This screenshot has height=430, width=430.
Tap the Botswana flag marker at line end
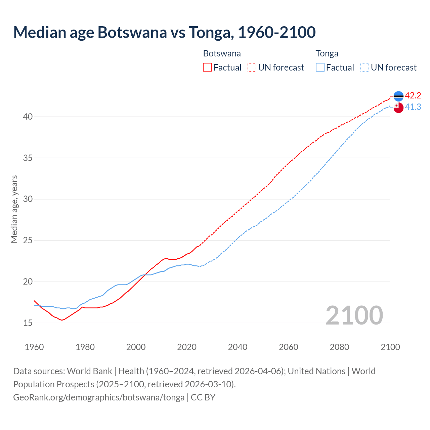[x=398, y=96]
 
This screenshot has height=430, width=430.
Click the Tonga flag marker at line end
[x=398, y=108]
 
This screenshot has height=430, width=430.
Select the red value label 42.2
[x=413, y=96]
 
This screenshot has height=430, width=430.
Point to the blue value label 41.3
[x=413, y=107]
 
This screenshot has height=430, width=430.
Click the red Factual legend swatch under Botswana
[x=207, y=68]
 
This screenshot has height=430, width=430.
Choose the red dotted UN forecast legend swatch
[x=252, y=68]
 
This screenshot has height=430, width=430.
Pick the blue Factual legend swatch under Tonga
[x=320, y=68]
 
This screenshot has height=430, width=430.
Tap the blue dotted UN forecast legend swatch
[x=365, y=68]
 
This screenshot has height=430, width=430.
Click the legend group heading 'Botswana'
[x=222, y=53]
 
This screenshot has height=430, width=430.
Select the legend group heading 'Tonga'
[x=327, y=53]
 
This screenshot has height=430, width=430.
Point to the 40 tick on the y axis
[x=28, y=117]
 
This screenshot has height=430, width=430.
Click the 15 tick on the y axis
[x=28, y=323]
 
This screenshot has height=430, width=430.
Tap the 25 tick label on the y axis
[x=28, y=241]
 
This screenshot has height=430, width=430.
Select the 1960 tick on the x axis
[x=34, y=347]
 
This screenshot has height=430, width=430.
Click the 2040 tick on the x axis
[x=238, y=347]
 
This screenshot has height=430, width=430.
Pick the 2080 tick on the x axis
[x=339, y=347]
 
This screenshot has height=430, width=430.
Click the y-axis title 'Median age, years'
[x=14, y=209]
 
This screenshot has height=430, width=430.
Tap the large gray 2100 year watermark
[x=354, y=315]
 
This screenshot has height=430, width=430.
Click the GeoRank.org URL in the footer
[x=99, y=397]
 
